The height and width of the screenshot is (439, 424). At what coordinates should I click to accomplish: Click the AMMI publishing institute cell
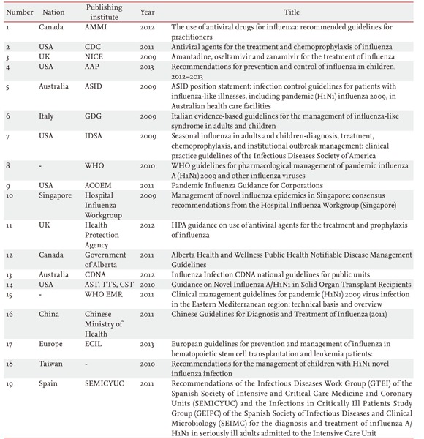pyautogui.click(x=96, y=27)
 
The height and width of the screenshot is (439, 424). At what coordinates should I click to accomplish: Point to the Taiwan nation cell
pyautogui.click(x=50, y=372)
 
